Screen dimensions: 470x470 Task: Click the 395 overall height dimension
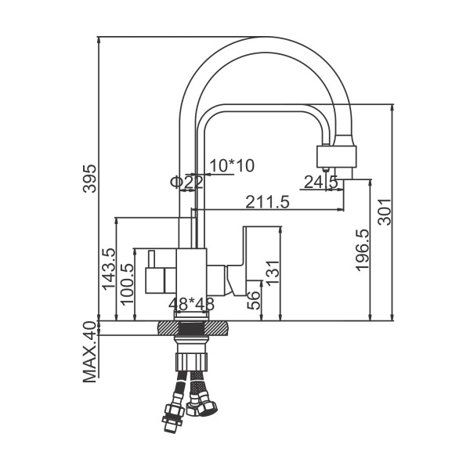pyautogui.click(x=90, y=179)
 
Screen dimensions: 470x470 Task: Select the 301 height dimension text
pyautogui.click(x=385, y=211)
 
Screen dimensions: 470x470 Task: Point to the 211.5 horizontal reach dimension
pyautogui.click(x=267, y=202)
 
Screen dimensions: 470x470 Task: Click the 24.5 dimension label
pyautogui.click(x=321, y=182)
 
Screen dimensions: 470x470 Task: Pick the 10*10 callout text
pyautogui.click(x=232, y=165)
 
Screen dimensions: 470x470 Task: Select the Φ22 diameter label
pyautogui.click(x=186, y=182)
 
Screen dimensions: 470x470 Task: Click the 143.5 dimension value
pyautogui.click(x=109, y=269)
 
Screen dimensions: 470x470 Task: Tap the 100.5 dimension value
pyautogui.click(x=127, y=284)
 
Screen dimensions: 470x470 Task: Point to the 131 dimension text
pyautogui.click(x=273, y=273)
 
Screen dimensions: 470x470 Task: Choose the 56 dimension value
pyautogui.click(x=253, y=300)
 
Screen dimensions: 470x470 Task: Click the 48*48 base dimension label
pyautogui.click(x=192, y=304)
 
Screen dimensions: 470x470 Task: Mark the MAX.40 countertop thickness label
pyautogui.click(x=90, y=352)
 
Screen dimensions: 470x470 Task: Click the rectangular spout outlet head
pyautogui.click(x=337, y=157)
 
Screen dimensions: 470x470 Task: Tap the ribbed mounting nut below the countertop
pyautogui.click(x=191, y=362)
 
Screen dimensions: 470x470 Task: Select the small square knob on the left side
pyautogui.click(x=155, y=280)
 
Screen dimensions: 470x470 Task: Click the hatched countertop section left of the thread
pyautogui.click(x=168, y=327)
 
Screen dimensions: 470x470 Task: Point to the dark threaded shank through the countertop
pyautogui.click(x=192, y=327)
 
